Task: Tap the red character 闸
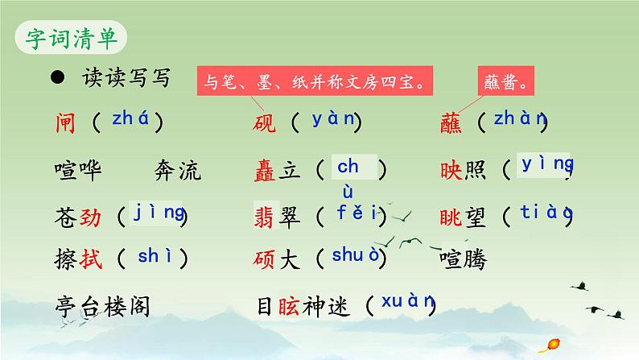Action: pyautogui.click(x=67, y=122)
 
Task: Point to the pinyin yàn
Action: pyautogui.click(x=332, y=120)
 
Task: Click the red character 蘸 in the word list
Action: pyautogui.click(x=452, y=122)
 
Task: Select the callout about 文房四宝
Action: pyautogui.click(x=314, y=81)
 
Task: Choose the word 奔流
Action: pyautogui.click(x=175, y=171)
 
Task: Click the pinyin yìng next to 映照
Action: pyautogui.click(x=547, y=164)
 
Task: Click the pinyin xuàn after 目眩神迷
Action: pyautogui.click(x=408, y=302)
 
